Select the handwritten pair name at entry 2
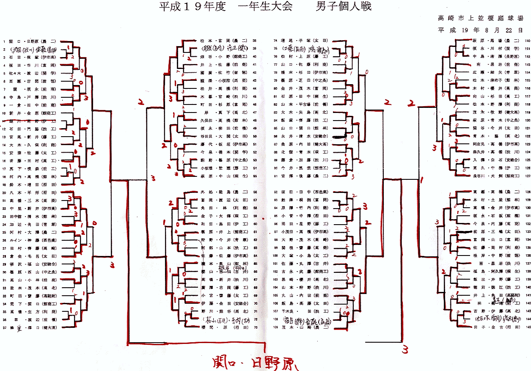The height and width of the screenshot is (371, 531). point(36,49)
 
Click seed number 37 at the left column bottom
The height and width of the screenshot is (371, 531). point(4,327)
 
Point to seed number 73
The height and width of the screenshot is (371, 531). point(254,328)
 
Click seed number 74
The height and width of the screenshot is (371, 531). point(276,41)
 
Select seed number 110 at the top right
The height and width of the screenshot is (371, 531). point(527,41)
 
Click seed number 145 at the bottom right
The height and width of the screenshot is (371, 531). point(527,327)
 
